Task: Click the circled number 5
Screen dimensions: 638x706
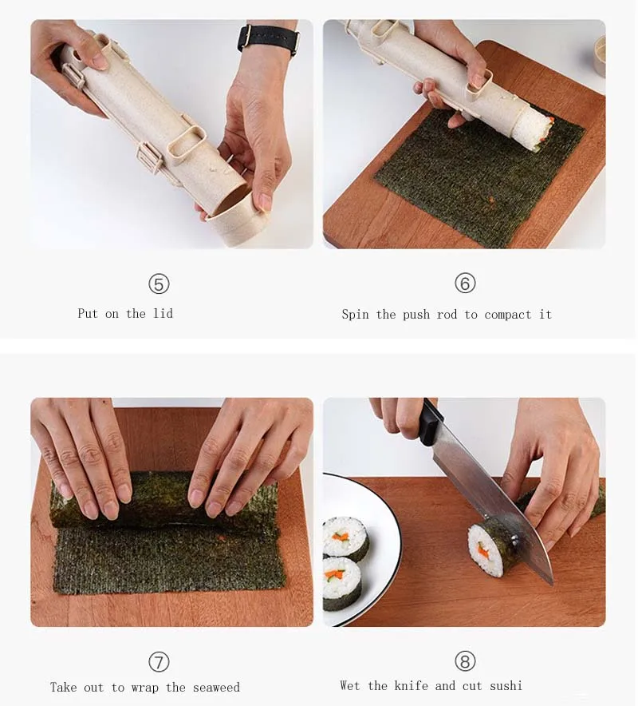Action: (159, 284)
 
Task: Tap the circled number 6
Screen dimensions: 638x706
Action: (465, 284)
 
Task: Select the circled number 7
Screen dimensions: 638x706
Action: (159, 662)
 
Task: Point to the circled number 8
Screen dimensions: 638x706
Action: (465, 661)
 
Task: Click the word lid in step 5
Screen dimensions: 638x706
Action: (163, 313)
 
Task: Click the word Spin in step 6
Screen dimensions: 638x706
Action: (355, 315)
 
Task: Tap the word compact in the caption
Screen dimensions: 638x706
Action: (508, 315)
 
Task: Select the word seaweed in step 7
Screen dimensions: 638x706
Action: (216, 688)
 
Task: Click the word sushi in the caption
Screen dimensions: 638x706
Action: (506, 686)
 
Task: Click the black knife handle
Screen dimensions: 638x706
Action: (429, 422)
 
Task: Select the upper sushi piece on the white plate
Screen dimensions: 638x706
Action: (345, 539)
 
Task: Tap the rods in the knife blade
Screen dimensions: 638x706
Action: (514, 536)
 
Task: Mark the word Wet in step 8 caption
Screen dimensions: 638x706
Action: (350, 685)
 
